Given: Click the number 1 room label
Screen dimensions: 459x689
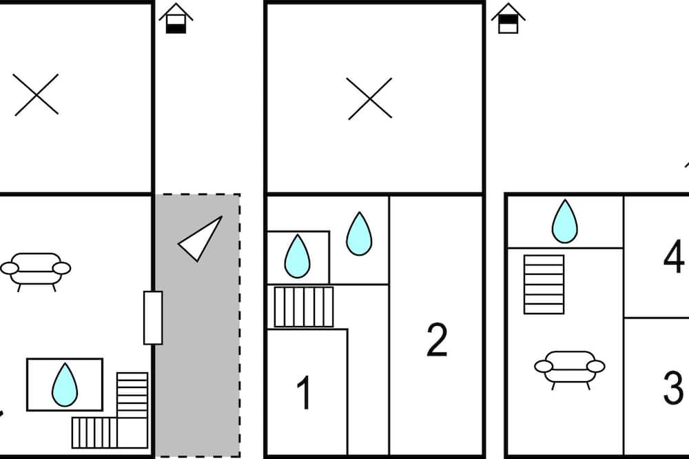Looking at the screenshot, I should click(x=304, y=393).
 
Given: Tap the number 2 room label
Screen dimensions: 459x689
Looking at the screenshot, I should click(x=437, y=339).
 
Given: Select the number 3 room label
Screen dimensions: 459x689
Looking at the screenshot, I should click(x=673, y=387).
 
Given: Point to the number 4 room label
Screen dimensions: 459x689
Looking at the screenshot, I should click(x=673, y=256).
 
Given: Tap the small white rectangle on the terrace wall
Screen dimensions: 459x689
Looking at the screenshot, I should click(x=153, y=318).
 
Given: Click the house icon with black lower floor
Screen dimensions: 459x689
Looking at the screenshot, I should click(x=176, y=19).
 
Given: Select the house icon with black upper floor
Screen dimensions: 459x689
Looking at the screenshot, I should click(x=508, y=19).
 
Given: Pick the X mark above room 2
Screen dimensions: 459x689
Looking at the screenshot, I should click(x=369, y=98).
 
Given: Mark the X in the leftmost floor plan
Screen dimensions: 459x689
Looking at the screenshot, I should click(x=37, y=94).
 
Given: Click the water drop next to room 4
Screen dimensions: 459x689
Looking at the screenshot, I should click(x=564, y=221).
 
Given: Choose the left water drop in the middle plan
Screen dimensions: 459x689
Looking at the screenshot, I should click(x=298, y=256).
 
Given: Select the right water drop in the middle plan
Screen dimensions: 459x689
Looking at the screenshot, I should click(x=358, y=234).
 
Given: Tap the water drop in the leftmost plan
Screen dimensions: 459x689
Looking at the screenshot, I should click(x=65, y=384).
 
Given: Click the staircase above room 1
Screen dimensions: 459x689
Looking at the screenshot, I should click(x=304, y=307).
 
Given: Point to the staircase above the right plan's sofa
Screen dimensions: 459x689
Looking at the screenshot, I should click(x=544, y=284).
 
